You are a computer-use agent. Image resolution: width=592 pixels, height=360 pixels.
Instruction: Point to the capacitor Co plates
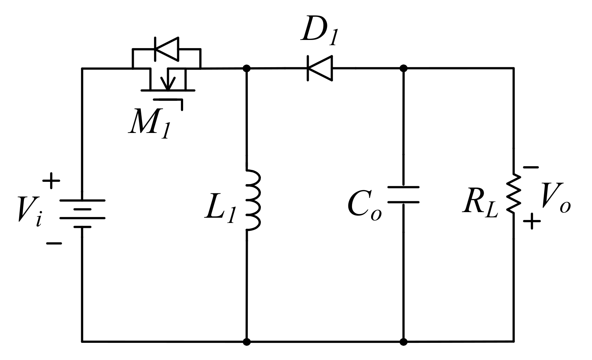pos(403,195)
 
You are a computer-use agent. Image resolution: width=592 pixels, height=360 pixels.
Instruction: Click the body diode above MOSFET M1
pos(167,49)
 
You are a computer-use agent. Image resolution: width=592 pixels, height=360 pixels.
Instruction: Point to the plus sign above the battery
pos(51,181)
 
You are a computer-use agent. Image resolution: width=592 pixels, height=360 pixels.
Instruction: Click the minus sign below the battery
pos(54,243)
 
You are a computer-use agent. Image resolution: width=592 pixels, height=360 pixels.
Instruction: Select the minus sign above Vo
pos(531,167)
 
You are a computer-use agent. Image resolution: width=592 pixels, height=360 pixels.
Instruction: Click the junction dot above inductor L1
pos(246,68)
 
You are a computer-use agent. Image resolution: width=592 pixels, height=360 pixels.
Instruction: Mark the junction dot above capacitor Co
pos(403,68)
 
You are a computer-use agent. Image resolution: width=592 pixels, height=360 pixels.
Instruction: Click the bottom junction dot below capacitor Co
pos(403,341)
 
